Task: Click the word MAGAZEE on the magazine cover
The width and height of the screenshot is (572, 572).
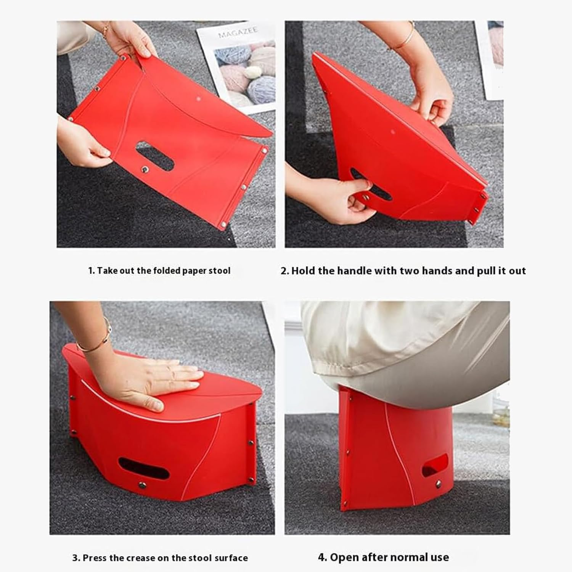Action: pyautogui.click(x=238, y=32)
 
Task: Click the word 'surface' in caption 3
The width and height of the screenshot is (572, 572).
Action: pyautogui.click(x=231, y=558)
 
